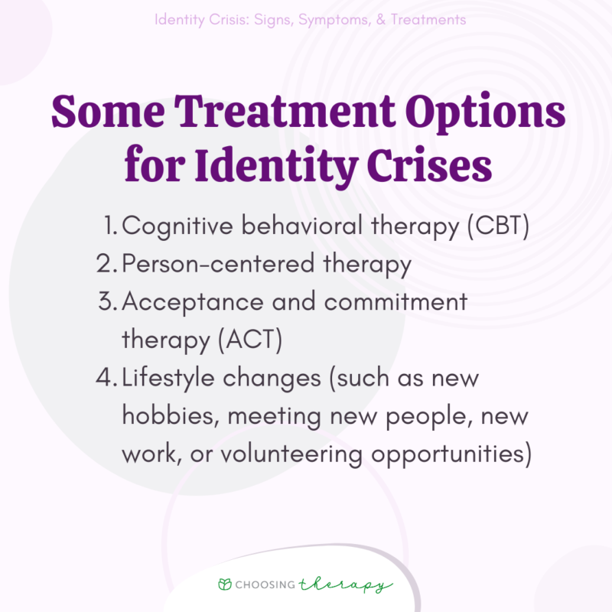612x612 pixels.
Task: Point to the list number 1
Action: pyautogui.click(x=110, y=227)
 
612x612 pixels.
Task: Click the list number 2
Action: pyautogui.click(x=106, y=265)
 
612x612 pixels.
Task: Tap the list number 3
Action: pyautogui.click(x=106, y=302)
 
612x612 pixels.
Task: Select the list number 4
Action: pyautogui.click(x=106, y=378)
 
